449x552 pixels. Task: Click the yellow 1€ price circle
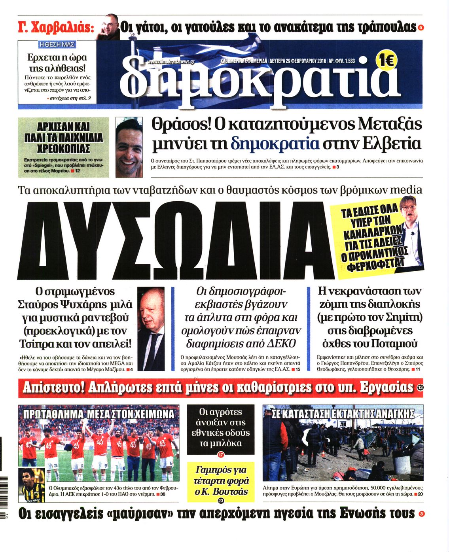(386, 62)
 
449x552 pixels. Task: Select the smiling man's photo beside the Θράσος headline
(129, 147)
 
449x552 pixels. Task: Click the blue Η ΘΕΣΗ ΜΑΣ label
(57, 45)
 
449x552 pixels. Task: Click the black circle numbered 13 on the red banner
(420, 388)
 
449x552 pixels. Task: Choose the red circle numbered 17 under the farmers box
(221, 455)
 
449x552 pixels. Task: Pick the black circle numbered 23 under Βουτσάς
(221, 501)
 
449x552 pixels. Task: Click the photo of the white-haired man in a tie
(151, 329)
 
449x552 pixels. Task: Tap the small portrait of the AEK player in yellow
(33, 485)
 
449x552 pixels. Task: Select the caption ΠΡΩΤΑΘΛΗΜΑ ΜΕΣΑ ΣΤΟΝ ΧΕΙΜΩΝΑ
(99, 414)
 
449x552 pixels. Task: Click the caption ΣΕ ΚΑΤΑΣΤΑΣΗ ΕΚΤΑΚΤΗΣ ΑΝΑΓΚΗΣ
(343, 414)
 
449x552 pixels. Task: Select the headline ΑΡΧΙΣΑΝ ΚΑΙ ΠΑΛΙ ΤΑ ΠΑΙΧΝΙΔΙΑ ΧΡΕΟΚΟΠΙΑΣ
(63, 138)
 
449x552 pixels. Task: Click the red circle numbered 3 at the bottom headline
(421, 514)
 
